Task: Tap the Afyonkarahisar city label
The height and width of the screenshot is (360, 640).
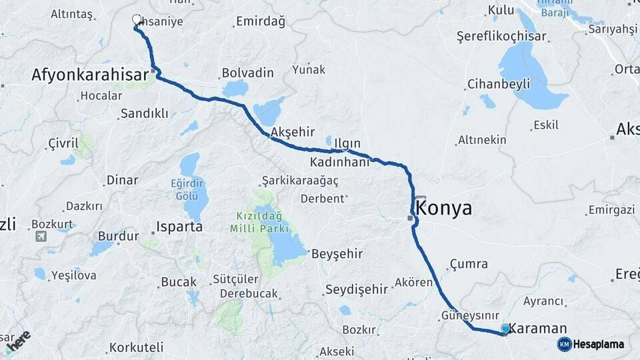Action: click(x=89, y=75)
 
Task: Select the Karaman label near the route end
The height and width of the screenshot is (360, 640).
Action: click(x=539, y=328)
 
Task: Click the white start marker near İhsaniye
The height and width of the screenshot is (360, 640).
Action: click(x=137, y=19)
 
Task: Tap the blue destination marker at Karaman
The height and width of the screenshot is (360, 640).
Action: click(x=505, y=328)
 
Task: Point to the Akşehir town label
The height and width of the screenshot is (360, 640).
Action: click(x=293, y=132)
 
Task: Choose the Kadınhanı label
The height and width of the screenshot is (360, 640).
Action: click(x=340, y=162)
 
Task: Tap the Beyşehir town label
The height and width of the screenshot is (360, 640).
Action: click(x=337, y=253)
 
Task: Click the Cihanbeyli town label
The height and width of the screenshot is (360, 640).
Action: click(x=499, y=84)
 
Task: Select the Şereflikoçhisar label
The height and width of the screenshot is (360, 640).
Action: click(x=501, y=37)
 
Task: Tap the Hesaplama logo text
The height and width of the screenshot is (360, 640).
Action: click(x=598, y=344)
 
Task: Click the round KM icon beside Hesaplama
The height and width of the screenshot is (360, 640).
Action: click(x=564, y=344)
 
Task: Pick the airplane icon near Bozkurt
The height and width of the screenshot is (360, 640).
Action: click(x=41, y=236)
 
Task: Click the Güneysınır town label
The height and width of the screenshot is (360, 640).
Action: click(x=470, y=315)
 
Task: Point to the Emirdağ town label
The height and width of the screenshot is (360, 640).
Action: click(x=261, y=22)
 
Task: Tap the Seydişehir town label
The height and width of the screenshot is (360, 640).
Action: click(x=356, y=289)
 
